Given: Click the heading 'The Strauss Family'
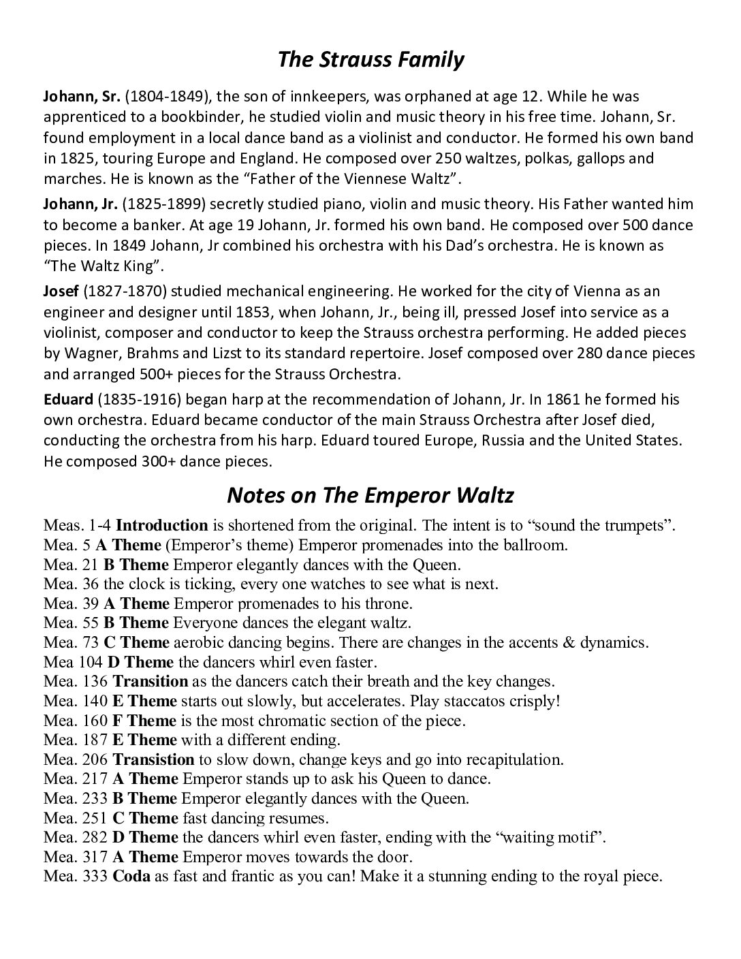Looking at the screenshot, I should [370, 60].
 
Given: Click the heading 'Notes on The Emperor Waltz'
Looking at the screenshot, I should [370, 495].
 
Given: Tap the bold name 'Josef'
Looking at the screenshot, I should [61, 292].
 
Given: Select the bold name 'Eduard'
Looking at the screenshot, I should [67, 399].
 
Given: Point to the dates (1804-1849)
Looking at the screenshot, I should [164, 96].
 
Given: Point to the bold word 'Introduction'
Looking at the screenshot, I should [161, 526].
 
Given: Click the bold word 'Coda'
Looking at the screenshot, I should [131, 877].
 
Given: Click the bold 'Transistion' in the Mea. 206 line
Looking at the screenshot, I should [153, 759].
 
